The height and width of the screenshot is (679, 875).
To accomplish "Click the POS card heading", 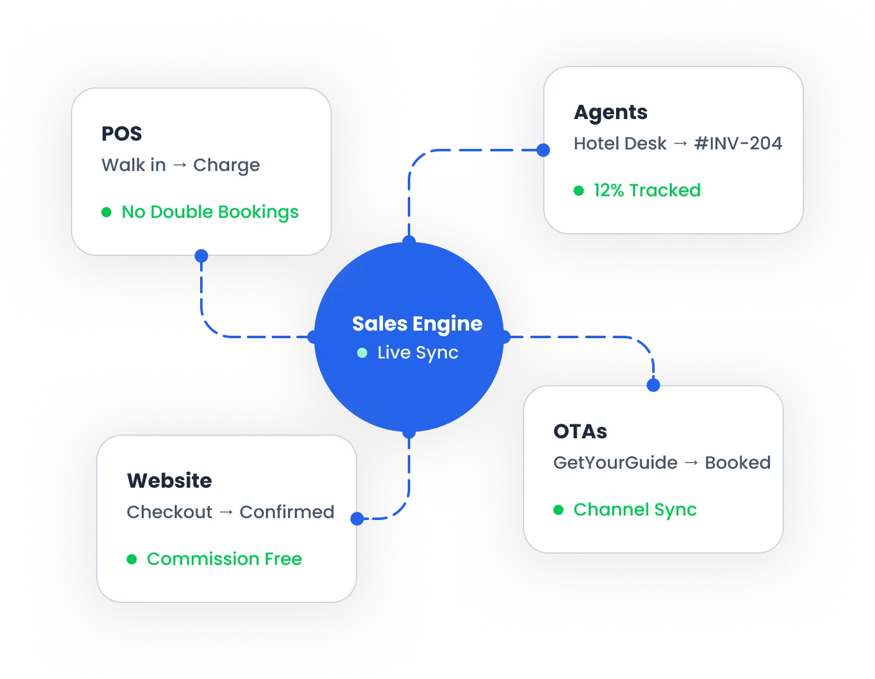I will [122, 134].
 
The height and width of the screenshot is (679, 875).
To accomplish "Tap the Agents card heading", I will [610, 112].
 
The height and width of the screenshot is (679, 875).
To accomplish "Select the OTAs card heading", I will [580, 431].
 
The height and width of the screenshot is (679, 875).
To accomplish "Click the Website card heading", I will [169, 481].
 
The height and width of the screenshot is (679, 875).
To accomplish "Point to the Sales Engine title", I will [417, 324].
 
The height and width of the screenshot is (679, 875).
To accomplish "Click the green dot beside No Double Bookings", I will [106, 212].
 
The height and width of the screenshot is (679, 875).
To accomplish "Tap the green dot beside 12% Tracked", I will [579, 191].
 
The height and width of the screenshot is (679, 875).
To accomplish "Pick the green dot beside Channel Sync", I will [558, 510].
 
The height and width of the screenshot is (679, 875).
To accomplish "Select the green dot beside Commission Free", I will [132, 559].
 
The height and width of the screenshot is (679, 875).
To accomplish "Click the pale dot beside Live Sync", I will [362, 353].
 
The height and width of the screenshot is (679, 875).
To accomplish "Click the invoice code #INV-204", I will [738, 144].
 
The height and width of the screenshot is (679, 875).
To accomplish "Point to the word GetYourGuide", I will [615, 463].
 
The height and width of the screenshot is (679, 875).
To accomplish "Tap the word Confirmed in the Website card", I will [287, 512].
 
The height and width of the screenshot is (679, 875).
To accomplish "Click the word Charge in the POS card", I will [226, 165].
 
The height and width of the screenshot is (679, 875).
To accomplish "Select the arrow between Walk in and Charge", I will [180, 165].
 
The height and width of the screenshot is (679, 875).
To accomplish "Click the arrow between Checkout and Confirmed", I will [226, 512].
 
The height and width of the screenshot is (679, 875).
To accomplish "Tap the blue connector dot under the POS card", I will [201, 256].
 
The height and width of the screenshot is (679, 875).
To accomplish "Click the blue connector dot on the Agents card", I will [543, 150].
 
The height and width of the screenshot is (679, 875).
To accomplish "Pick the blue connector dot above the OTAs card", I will [653, 385].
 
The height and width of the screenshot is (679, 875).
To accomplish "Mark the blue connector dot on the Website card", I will [357, 519].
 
